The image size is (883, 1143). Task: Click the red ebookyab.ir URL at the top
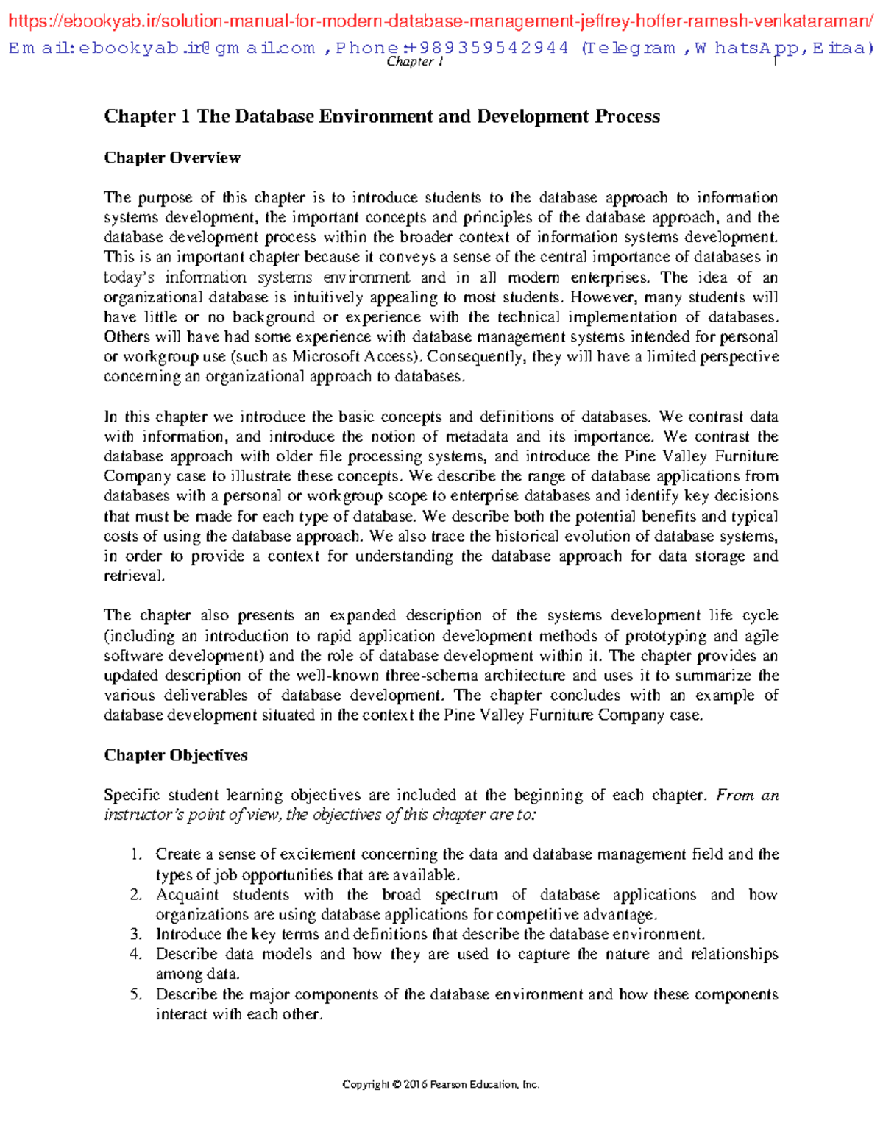coord(441,22)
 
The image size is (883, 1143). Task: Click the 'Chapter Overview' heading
coord(172,158)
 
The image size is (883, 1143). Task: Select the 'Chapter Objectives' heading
coord(175,755)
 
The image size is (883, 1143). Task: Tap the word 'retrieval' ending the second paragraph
coord(133,576)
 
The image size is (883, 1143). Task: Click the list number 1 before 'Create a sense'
coord(135,854)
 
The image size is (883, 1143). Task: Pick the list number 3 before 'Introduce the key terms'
coord(135,935)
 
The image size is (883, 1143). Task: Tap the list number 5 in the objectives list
coord(135,995)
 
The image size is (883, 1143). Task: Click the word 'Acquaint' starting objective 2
coord(187,895)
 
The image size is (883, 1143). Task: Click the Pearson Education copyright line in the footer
coord(441,1084)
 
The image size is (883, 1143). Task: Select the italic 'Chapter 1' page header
coord(414,63)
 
